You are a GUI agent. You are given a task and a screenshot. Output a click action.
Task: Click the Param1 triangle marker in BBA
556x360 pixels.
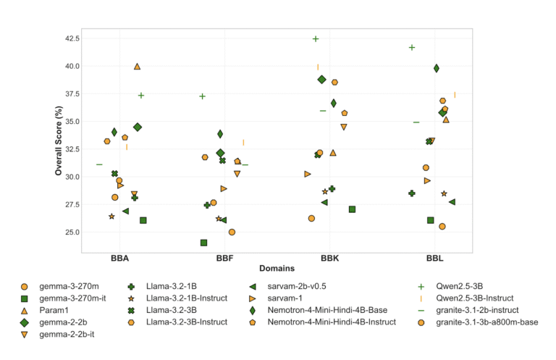[x=138, y=67]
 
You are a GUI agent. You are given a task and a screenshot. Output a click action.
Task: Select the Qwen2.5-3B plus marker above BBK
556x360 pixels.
[x=316, y=38]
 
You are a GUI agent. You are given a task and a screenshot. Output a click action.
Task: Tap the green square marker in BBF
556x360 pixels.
[x=204, y=243]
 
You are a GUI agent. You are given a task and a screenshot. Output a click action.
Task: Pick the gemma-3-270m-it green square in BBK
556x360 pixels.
[x=352, y=209]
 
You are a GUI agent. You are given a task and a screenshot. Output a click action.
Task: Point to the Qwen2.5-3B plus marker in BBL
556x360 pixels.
[x=412, y=48]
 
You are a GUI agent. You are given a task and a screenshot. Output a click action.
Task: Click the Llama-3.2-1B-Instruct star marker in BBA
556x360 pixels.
[x=111, y=217]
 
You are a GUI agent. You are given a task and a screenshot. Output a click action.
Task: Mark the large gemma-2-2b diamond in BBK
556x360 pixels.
[x=322, y=80]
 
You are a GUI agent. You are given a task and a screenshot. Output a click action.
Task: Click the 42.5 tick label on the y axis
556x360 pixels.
[x=69, y=38]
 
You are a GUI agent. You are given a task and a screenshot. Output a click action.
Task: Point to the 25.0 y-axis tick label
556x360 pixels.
[x=69, y=233]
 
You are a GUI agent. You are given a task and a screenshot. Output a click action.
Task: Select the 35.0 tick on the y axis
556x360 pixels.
[x=69, y=122]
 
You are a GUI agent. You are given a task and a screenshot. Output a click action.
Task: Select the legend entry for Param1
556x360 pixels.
[x=48, y=309]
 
